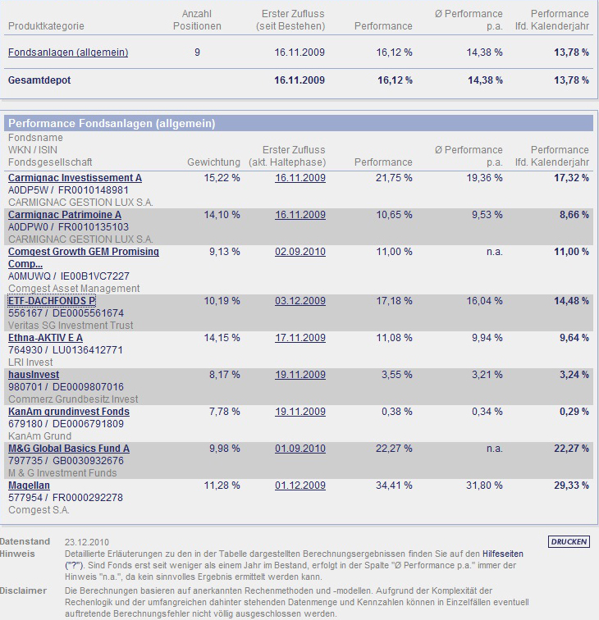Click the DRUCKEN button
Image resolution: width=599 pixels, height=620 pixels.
click(x=569, y=542)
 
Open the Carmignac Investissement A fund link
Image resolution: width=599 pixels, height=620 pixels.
click(x=75, y=178)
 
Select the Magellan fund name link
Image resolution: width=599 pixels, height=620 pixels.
click(x=29, y=486)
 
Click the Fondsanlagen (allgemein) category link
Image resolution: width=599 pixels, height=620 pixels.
click(x=68, y=52)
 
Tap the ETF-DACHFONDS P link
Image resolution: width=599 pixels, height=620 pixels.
click(x=52, y=301)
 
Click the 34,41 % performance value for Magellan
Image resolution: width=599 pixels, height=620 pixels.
click(x=394, y=486)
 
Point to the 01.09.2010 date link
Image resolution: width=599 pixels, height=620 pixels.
click(x=300, y=449)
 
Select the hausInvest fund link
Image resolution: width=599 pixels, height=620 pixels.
click(x=34, y=375)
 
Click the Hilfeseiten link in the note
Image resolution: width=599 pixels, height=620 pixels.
click(x=502, y=554)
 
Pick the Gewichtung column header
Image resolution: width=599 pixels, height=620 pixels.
click(x=213, y=162)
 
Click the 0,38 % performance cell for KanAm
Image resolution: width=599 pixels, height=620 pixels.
click(x=397, y=412)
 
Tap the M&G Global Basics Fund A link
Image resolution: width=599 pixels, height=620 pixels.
click(x=69, y=449)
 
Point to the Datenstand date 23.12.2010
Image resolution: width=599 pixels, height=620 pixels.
click(x=87, y=542)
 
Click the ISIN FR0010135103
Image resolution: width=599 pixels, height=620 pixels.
click(x=94, y=227)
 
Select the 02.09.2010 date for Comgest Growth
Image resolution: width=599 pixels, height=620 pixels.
click(x=300, y=252)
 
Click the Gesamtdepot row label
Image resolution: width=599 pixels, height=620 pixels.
click(x=39, y=80)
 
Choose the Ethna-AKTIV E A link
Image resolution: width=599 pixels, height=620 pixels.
click(x=45, y=338)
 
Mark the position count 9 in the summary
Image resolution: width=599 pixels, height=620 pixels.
click(x=197, y=52)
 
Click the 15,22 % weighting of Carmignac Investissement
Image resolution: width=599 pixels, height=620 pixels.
click(x=222, y=178)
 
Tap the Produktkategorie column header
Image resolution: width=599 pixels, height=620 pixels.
click(x=46, y=26)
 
